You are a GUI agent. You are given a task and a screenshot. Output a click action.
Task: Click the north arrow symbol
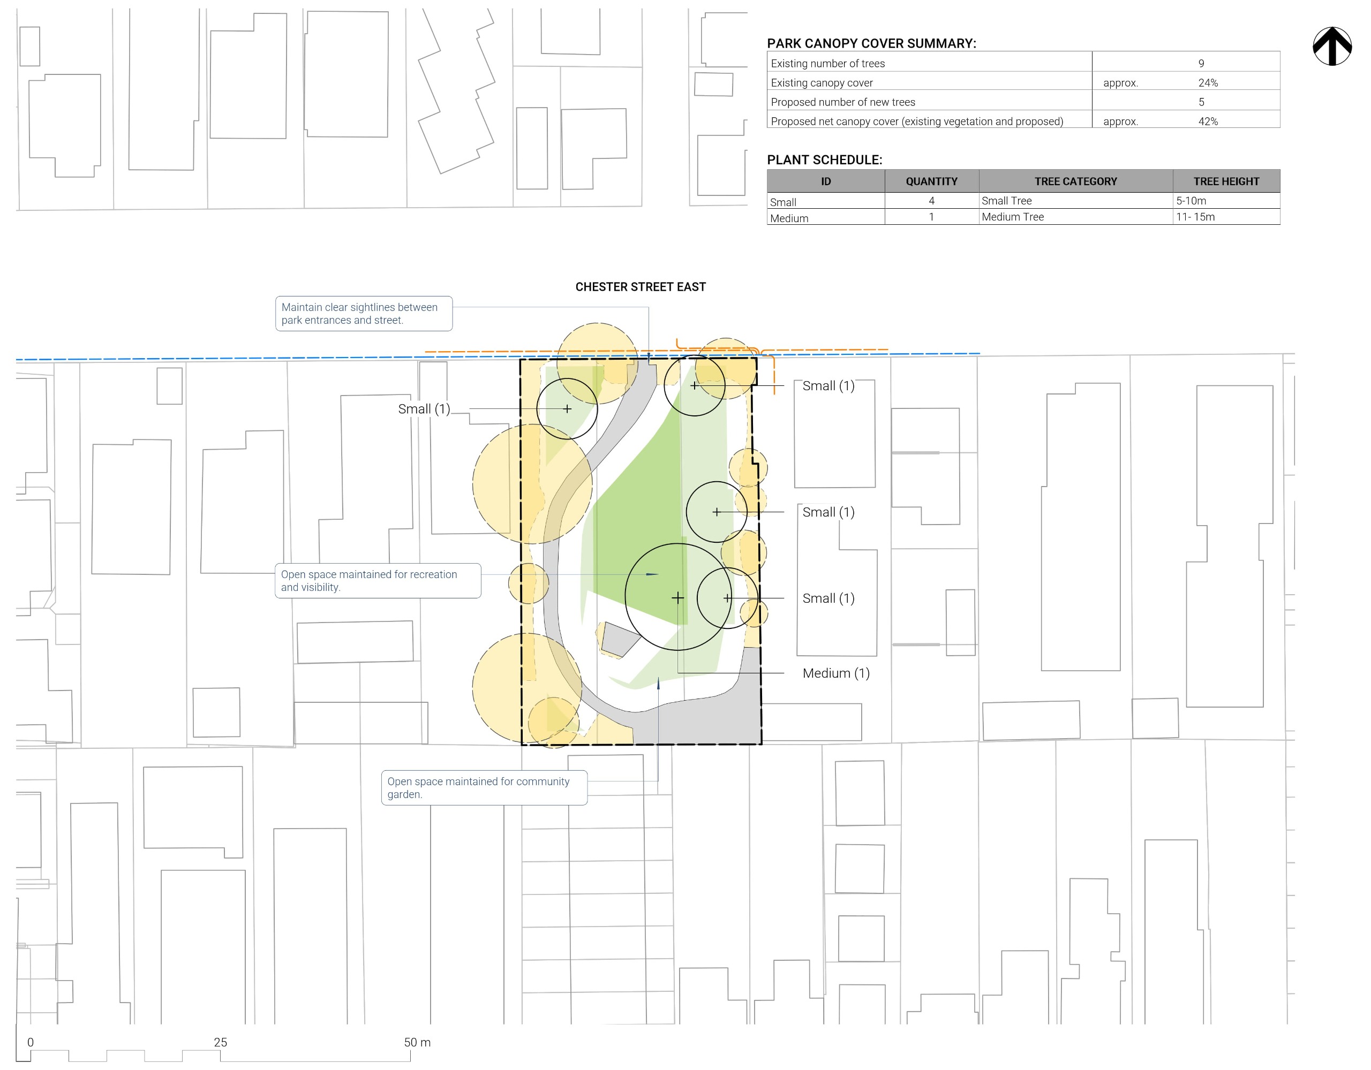[x=1331, y=46]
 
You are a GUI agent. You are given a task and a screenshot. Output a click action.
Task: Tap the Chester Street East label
[x=641, y=287]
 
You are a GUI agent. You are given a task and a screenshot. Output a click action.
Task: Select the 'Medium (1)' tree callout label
[x=835, y=673]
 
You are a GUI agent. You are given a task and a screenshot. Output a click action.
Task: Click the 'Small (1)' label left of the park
[x=424, y=408]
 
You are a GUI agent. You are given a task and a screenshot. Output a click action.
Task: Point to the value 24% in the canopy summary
[x=1207, y=83]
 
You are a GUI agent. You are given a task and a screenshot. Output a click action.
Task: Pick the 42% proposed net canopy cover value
[x=1208, y=121]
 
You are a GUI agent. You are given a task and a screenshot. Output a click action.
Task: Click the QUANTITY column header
[x=931, y=181]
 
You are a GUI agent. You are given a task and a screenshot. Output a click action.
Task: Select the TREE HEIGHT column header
[x=1226, y=181]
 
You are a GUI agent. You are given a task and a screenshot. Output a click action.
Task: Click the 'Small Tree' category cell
[x=1006, y=201]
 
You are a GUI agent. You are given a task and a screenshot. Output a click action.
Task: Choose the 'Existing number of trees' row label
[x=827, y=63]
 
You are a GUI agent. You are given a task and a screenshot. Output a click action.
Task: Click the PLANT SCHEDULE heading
[x=824, y=160]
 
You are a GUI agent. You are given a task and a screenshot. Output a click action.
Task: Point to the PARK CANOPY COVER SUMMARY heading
[x=871, y=43]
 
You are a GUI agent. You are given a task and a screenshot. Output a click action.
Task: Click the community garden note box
[x=484, y=787]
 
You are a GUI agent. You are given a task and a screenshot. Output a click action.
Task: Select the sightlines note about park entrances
[x=364, y=313]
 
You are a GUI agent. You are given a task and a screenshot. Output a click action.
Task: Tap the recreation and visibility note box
[x=378, y=581]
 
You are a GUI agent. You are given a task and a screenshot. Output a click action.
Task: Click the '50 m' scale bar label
[x=417, y=1042]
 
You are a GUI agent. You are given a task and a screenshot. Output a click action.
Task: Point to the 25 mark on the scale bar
[x=220, y=1042]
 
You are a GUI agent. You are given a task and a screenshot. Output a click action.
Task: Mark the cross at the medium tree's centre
[x=677, y=598]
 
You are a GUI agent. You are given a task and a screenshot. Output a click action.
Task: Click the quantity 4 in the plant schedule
[x=931, y=201]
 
